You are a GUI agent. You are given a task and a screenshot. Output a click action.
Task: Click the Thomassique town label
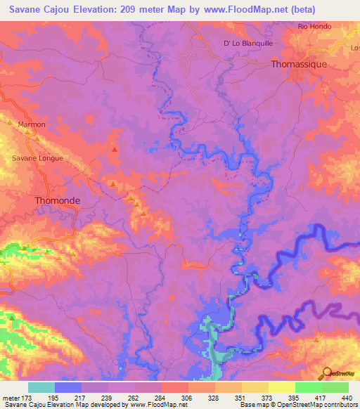click(x=300, y=64)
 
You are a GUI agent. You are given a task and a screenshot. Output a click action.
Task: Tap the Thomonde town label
click(x=58, y=200)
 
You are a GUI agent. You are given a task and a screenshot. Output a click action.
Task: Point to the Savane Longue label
click(x=38, y=158)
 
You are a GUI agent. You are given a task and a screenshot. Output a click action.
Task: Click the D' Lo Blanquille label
click(x=247, y=43)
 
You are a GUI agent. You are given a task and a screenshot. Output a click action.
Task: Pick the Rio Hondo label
click(x=314, y=27)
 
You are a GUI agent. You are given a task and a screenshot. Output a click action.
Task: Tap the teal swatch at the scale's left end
click(x=41, y=387)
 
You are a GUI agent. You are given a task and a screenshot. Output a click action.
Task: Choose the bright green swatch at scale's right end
click(x=335, y=387)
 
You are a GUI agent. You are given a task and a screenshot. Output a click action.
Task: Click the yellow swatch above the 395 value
click(x=282, y=387)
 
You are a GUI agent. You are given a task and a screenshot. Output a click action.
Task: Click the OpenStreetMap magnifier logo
click(x=326, y=372)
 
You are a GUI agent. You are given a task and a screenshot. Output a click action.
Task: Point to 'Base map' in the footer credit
click(x=253, y=405)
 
